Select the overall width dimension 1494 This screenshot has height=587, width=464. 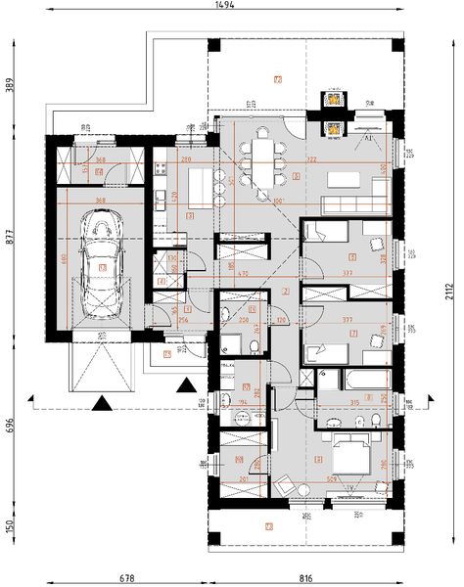point(233,7)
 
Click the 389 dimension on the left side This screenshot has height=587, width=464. point(11,85)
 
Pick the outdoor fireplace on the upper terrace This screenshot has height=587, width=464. point(335,98)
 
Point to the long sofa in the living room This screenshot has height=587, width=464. point(348,203)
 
